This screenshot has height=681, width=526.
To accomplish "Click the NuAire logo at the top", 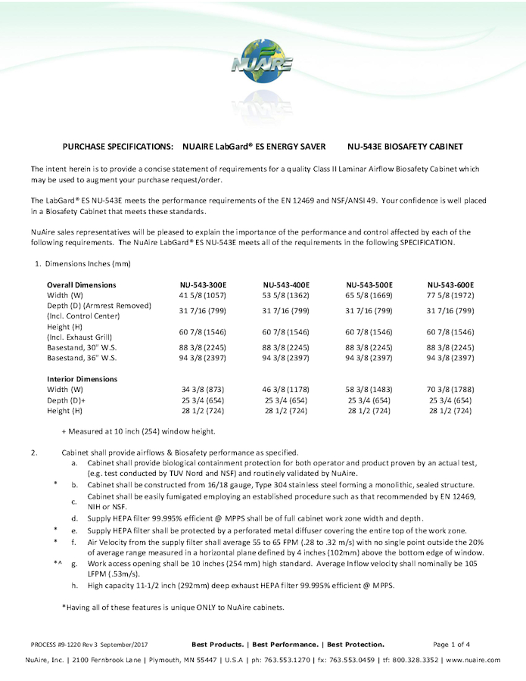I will (262, 61).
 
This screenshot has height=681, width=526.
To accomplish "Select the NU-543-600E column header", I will (450, 285).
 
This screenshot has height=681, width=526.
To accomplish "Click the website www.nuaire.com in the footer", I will (474, 660).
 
